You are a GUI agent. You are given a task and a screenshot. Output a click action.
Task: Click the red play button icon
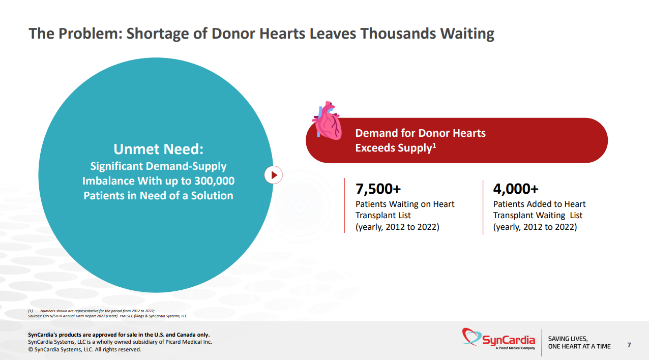274,175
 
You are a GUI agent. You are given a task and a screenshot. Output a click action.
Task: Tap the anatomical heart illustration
327,120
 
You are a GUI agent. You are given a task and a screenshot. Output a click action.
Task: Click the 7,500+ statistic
378,189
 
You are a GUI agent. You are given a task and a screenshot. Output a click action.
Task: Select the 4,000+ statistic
516,189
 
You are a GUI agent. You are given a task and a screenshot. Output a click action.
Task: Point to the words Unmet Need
158,149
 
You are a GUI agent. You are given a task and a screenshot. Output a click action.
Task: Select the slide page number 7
629,345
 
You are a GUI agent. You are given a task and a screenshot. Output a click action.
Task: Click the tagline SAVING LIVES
568,339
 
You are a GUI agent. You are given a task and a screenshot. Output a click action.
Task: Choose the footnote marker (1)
31,310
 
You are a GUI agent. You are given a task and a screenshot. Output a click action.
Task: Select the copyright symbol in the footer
31,349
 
